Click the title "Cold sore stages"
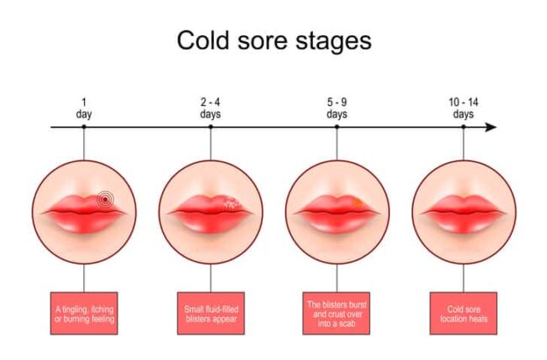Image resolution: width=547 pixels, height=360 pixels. pyautogui.click(x=273, y=41)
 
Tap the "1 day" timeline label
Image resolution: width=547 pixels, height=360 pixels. pyautogui.click(x=83, y=109)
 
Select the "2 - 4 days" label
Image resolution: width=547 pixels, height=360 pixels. pyautogui.click(x=210, y=109)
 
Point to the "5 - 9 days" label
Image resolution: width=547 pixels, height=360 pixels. pyautogui.click(x=337, y=109)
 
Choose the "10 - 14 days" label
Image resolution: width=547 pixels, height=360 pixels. pyautogui.click(x=464, y=109)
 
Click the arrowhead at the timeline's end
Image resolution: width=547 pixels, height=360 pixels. pyautogui.click(x=491, y=127)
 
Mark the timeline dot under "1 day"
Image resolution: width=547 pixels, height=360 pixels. pyautogui.click(x=83, y=127)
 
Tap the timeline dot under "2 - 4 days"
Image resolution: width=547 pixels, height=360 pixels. pyautogui.click(x=210, y=127)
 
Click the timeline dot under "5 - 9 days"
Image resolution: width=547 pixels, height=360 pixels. pyautogui.click(x=337, y=127)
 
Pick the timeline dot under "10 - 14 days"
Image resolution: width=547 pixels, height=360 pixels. pyautogui.click(x=464, y=127)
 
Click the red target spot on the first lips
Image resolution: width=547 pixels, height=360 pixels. pyautogui.click(x=105, y=199)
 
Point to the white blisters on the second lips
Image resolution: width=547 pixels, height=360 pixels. pyautogui.click(x=232, y=204)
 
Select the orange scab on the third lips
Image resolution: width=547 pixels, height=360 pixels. pyautogui.click(x=357, y=203)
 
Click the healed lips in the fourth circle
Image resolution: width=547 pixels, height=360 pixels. pyautogui.click(x=464, y=214)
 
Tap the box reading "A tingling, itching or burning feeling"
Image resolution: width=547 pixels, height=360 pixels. pyautogui.click(x=84, y=314)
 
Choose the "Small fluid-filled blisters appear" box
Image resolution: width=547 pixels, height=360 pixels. pyautogui.click(x=210, y=314)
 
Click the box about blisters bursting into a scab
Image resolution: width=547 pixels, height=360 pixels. pyautogui.click(x=337, y=314)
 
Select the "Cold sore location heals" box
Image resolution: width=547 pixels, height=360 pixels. pyautogui.click(x=464, y=314)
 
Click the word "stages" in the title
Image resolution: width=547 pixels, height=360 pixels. pyautogui.click(x=334, y=42)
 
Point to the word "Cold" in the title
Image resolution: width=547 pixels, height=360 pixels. pyautogui.click(x=203, y=40)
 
